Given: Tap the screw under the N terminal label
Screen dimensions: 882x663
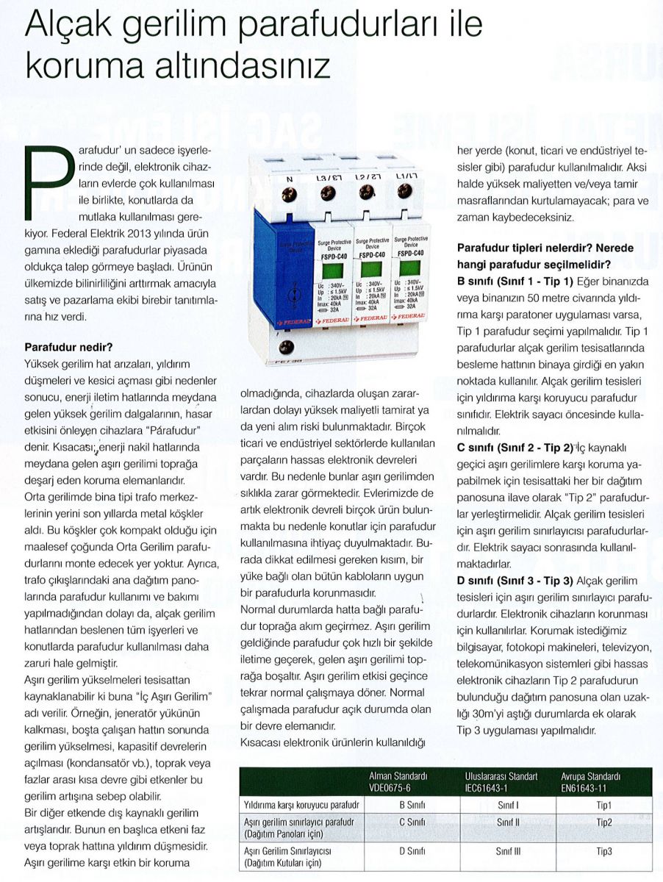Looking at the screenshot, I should point(290,193).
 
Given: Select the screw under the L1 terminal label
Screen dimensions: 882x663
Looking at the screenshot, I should point(404,190).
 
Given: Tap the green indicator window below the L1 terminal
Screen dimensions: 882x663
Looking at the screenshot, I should point(409,266).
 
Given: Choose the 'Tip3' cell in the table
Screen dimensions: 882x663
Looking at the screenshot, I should point(604,851).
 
